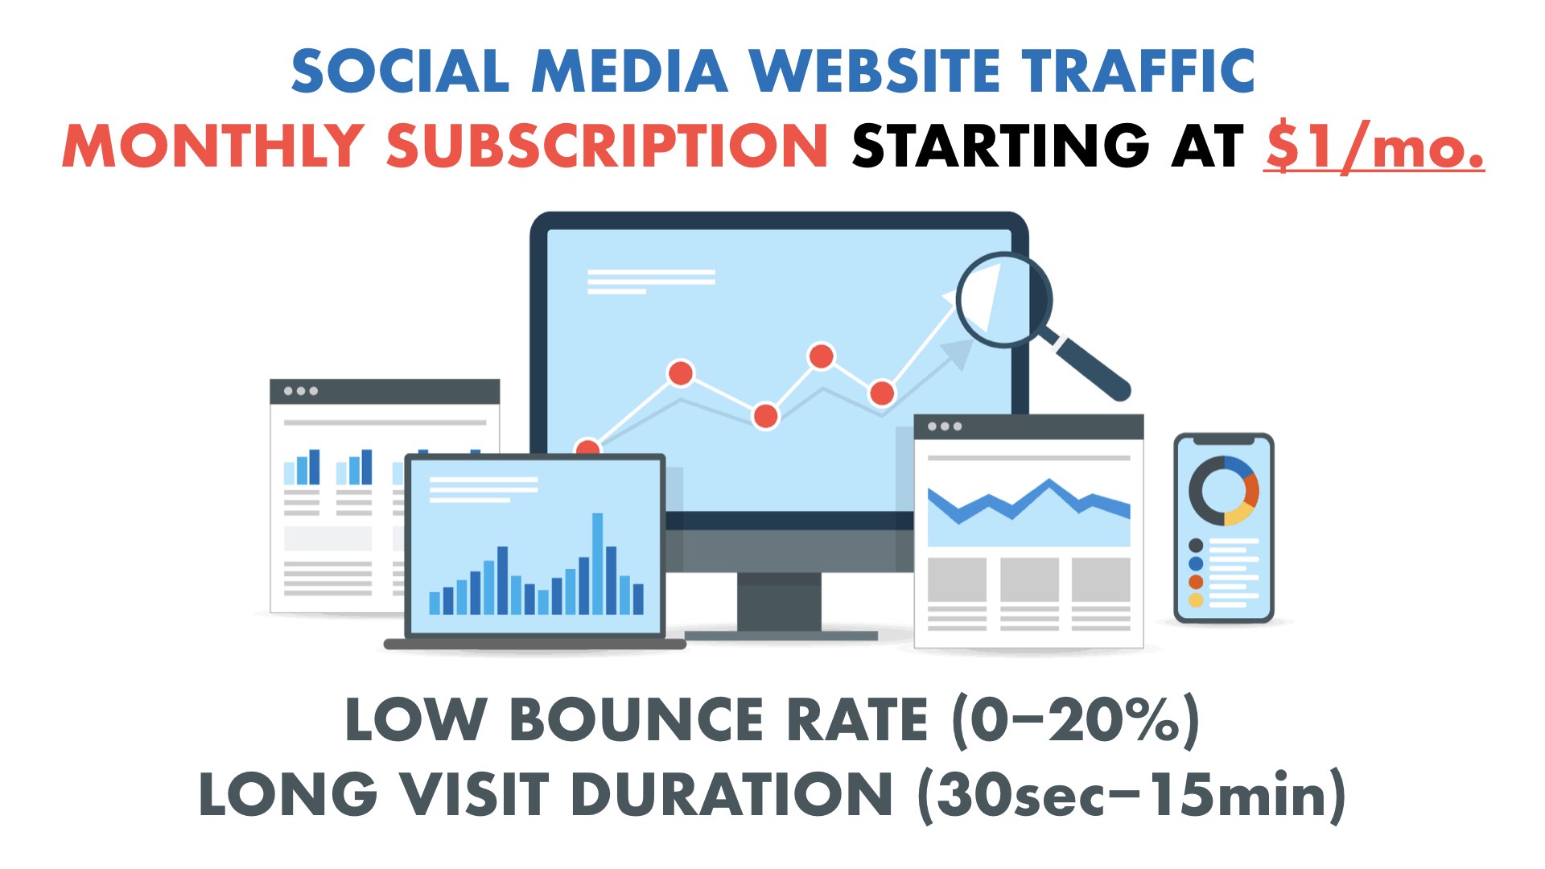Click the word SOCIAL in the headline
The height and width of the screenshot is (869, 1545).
click(x=400, y=71)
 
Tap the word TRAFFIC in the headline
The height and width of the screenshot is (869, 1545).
click(x=1139, y=71)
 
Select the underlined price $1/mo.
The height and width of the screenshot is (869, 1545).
click(x=1374, y=146)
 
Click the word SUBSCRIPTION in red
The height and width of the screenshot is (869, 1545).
click(x=607, y=146)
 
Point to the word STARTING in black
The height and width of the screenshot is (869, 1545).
click(x=1000, y=146)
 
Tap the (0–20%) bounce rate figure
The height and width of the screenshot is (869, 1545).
click(x=1076, y=719)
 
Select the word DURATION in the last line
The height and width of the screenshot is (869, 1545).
click(x=731, y=794)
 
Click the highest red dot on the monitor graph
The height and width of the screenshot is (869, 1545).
click(x=822, y=356)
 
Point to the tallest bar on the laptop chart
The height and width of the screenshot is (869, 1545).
click(x=597, y=563)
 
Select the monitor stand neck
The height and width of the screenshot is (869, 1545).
click(x=779, y=601)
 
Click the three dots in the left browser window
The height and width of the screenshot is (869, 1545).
click(x=301, y=391)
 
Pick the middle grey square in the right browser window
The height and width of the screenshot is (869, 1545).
click(x=1029, y=579)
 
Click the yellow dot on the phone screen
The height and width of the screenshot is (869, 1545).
click(x=1196, y=600)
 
